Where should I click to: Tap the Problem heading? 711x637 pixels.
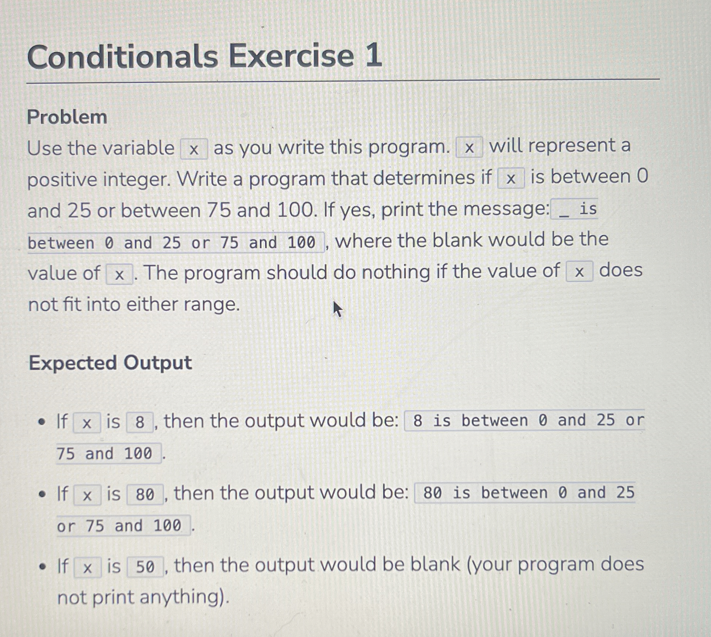click(x=67, y=117)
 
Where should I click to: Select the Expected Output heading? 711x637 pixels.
click(x=110, y=363)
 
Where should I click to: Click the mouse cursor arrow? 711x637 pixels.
click(x=337, y=309)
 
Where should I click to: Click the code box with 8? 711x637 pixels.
click(x=140, y=422)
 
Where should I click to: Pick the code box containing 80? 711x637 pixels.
click(x=145, y=494)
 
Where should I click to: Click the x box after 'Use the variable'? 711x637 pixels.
click(x=194, y=149)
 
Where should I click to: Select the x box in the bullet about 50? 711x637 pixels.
click(x=87, y=568)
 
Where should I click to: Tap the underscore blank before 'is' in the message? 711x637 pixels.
click(x=563, y=211)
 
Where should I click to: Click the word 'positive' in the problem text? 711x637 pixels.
click(x=62, y=180)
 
